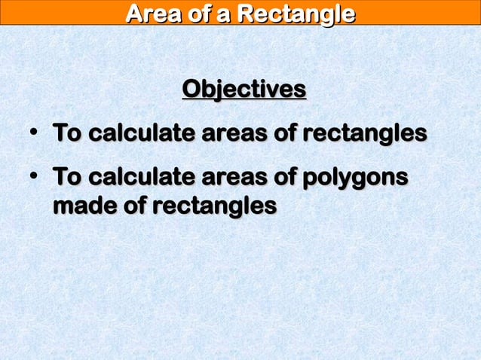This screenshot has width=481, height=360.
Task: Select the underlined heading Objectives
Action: pyautogui.click(x=244, y=90)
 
